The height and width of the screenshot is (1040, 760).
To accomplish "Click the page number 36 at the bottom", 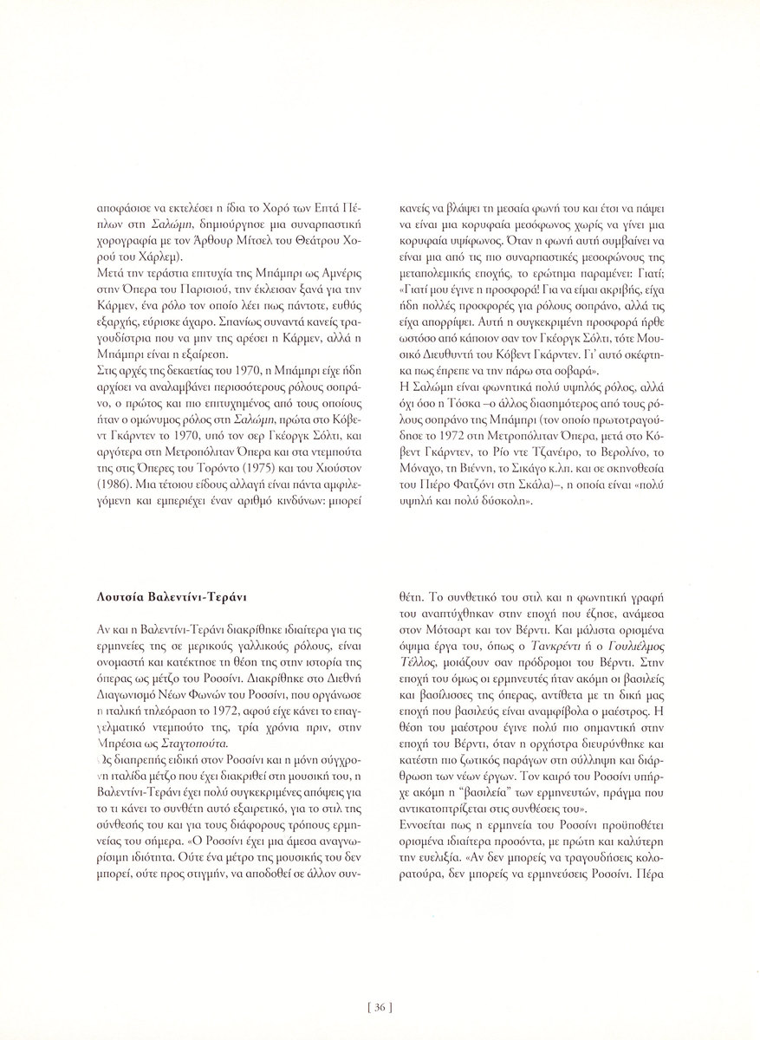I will pos(380,1007).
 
